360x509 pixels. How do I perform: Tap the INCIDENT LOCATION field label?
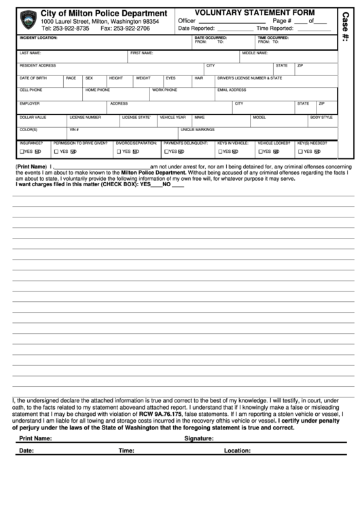[38, 38]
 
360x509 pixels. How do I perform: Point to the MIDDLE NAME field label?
[255, 52]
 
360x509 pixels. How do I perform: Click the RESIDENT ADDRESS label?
[37, 66]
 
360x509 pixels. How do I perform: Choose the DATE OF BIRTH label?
[33, 78]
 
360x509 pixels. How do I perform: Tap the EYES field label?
[170, 78]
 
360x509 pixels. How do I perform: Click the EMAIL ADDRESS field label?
[232, 90]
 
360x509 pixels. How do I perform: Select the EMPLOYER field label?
[29, 103]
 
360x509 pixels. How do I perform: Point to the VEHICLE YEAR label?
[173, 117]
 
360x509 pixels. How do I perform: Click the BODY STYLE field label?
[321, 117]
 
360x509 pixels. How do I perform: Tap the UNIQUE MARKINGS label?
[193, 129]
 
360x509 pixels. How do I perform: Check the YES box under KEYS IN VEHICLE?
[219, 152]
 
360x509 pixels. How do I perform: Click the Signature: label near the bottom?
[200, 439]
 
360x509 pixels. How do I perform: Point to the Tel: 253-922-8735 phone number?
[65, 29]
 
